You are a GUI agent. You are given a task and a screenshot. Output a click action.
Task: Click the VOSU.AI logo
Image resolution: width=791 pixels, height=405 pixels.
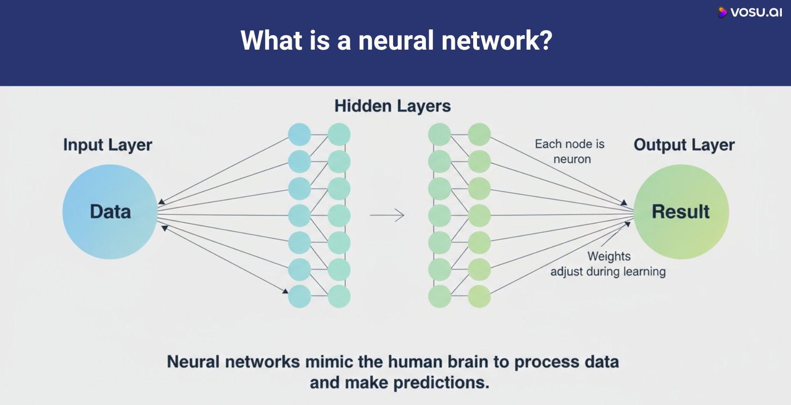pos(750,13)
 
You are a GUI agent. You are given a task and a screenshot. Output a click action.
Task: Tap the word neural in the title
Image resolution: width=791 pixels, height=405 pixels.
pos(395,40)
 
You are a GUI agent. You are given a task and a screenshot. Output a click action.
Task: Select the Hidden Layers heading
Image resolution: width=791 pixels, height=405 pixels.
pos(392,106)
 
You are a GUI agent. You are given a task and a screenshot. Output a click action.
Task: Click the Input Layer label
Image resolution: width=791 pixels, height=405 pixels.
pos(108,145)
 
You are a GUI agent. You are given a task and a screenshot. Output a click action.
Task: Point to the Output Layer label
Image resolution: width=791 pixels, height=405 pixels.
pos(683,145)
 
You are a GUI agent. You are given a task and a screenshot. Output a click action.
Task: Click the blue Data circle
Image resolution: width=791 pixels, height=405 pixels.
pos(110,212)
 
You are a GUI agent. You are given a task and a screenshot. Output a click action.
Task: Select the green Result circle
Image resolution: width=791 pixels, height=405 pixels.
pos(681,212)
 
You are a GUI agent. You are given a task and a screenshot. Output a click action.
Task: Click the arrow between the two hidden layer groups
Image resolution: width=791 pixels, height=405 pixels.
pos(387,215)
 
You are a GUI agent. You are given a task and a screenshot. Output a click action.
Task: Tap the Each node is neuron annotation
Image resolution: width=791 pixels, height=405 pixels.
pos(570,151)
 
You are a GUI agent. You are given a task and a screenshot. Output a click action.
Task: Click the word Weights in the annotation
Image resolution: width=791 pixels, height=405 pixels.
pos(609,256)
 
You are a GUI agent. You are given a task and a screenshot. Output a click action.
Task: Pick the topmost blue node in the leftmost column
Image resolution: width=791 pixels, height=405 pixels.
pos(300,135)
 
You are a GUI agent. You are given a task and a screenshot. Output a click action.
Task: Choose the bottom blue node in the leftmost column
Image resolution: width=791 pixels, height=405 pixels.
pos(300,297)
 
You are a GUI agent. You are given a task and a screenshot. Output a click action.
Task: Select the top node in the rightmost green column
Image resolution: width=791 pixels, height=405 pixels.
pos(479,135)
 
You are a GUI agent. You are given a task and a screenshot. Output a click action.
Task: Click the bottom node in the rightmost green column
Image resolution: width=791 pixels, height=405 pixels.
pos(479,297)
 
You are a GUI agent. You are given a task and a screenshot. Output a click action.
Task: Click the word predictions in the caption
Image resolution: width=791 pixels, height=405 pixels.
pos(441,383)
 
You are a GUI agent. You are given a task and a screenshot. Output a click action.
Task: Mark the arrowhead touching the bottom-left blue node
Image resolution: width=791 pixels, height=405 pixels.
pos(285,291)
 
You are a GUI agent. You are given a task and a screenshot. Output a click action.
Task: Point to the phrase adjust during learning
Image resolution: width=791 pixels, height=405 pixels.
pos(608,272)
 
